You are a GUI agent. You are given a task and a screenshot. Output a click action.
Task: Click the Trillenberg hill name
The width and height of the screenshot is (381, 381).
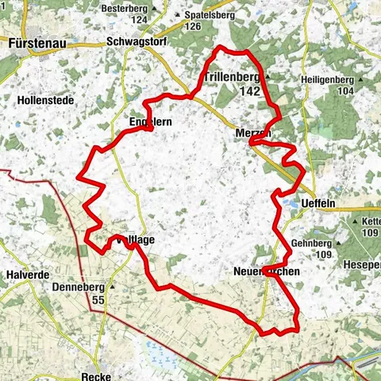[x=232, y=78]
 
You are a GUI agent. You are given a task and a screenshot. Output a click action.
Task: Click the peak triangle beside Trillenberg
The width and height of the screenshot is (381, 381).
[x=267, y=78]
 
